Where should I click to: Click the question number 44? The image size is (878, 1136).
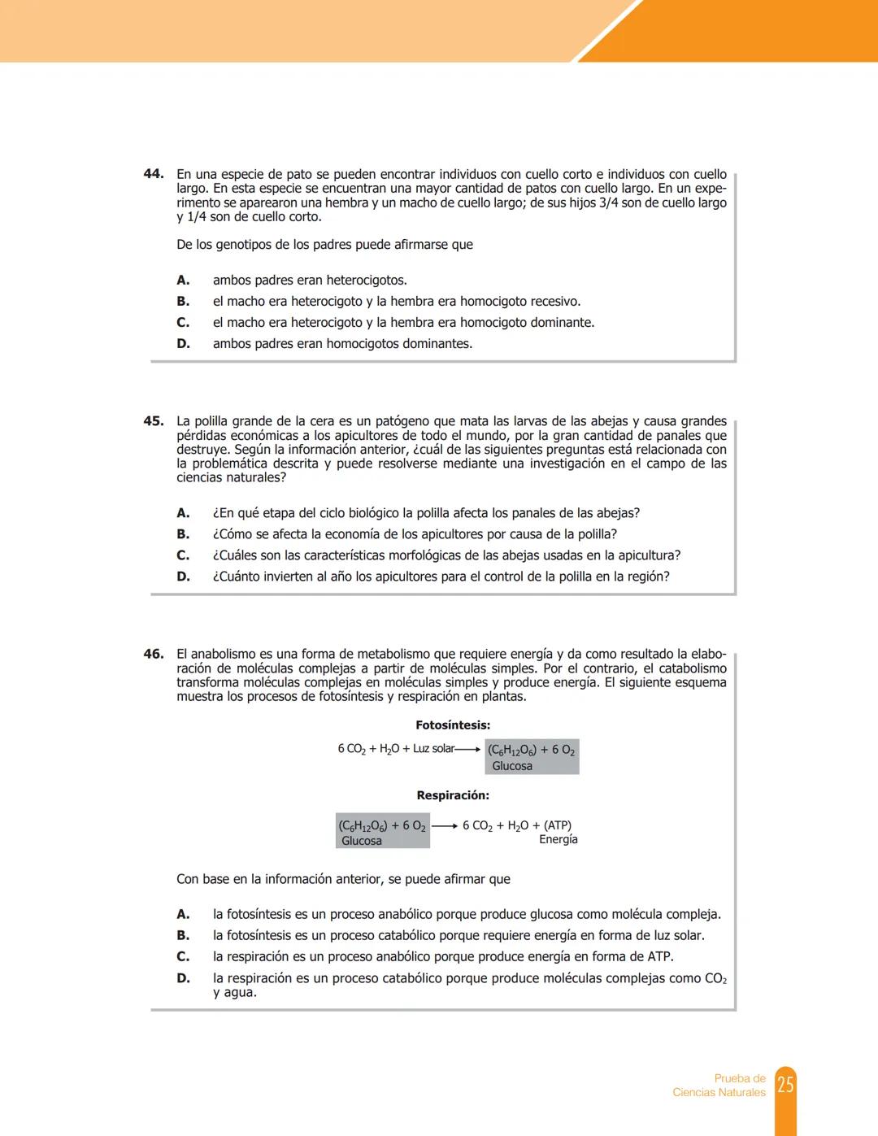click(153, 174)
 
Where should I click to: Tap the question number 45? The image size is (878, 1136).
click(153, 421)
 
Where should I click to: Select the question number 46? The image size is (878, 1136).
click(153, 654)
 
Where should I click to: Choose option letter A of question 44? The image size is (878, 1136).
click(183, 281)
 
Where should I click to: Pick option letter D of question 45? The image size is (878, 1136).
click(183, 577)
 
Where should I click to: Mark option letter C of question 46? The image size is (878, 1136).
click(183, 957)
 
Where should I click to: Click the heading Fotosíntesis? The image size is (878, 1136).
click(452, 725)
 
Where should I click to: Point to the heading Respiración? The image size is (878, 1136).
click(452, 795)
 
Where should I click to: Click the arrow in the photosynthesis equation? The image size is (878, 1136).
click(468, 750)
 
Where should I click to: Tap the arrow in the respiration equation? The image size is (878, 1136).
click(444, 826)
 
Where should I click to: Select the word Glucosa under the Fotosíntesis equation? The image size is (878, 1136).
click(512, 766)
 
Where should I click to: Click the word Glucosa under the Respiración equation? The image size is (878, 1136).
click(362, 841)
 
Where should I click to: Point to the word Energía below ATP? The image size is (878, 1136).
click(558, 839)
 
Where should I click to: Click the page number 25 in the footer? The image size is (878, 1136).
click(785, 1085)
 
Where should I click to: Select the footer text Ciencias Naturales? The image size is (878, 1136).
click(719, 1093)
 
